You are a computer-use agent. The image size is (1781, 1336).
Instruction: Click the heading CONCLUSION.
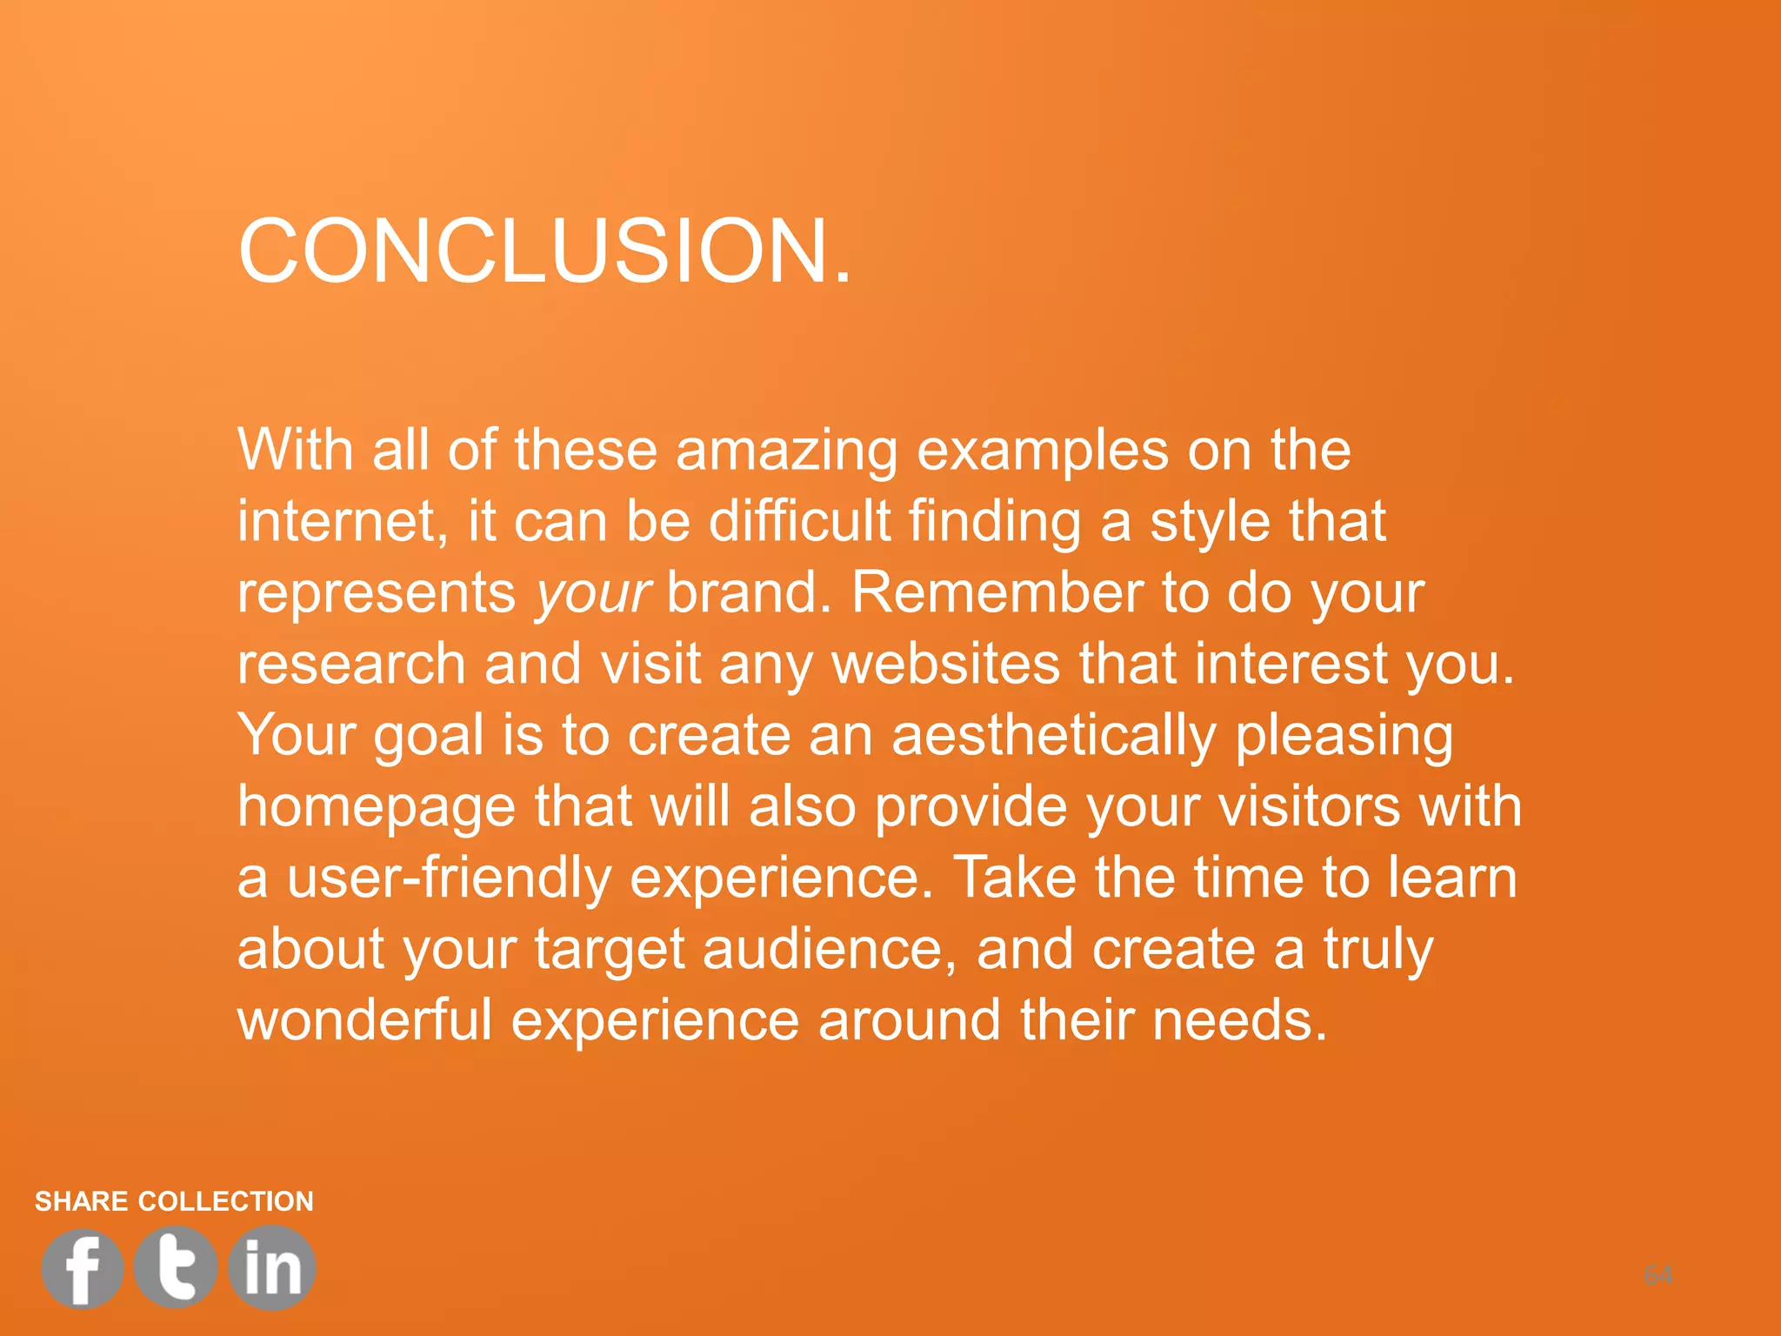point(544,250)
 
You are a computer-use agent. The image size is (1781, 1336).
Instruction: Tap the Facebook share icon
point(83,1268)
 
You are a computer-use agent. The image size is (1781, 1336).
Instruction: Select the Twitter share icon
point(177,1266)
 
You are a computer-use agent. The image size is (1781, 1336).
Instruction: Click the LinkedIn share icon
point(272,1266)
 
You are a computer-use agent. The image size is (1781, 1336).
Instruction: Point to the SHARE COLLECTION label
point(174,1201)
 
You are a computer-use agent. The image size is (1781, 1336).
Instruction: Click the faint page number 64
point(1658,1276)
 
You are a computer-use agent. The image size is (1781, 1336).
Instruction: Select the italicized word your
point(592,593)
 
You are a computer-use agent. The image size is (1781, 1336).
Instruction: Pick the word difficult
point(799,522)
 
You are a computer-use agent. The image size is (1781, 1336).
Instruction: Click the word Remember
point(997,593)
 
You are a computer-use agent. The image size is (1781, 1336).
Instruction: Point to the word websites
point(945,665)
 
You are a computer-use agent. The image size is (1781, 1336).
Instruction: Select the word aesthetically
point(1053,736)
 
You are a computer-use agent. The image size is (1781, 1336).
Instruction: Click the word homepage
point(377,807)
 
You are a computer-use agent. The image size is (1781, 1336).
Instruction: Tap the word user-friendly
point(449,878)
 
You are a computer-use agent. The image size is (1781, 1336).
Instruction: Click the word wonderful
point(364,1020)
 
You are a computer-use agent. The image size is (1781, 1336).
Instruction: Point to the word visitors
point(1309,807)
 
